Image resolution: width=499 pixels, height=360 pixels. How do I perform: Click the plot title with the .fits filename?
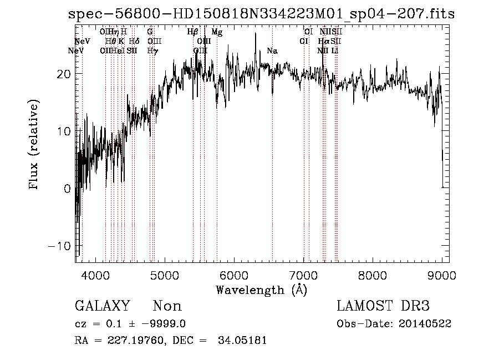261,14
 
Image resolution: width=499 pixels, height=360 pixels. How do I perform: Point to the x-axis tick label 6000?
235,274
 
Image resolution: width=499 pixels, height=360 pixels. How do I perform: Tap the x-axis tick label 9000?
442,274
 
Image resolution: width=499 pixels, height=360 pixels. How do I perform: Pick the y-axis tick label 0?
67,189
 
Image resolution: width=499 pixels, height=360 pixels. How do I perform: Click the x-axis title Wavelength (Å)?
261,289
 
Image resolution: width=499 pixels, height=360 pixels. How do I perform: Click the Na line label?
272,51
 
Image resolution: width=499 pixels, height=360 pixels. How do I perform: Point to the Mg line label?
217,32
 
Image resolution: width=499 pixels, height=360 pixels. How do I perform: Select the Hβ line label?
192,32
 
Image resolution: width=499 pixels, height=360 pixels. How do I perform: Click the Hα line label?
323,42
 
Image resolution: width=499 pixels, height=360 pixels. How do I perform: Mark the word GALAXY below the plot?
103,306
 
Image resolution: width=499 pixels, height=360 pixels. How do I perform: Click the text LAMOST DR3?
383,306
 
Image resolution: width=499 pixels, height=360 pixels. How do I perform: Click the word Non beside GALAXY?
167,306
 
